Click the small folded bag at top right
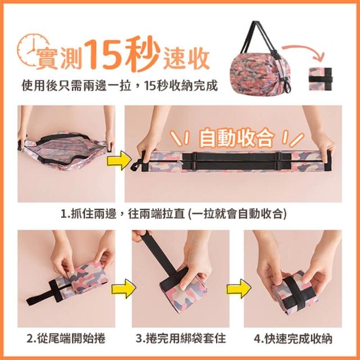point(321,79)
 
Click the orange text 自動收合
point(236,138)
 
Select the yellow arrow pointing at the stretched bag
point(119,160)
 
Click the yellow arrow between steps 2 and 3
point(123,289)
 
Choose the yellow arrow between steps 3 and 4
point(239,289)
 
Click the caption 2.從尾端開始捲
point(66,339)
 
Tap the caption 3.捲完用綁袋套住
point(181,339)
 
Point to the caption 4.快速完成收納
point(293,339)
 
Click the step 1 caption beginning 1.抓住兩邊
point(174,214)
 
